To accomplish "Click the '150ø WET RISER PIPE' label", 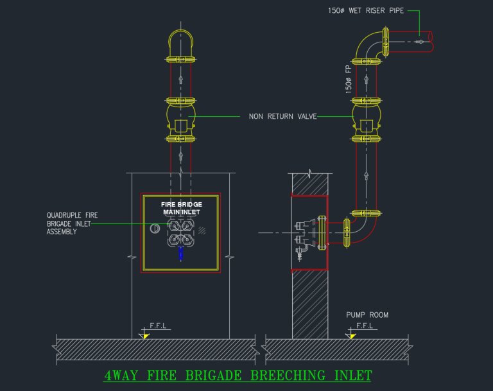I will tap(366, 11).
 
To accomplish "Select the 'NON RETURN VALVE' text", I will tap(282, 117).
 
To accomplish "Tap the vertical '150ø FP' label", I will tap(349, 78).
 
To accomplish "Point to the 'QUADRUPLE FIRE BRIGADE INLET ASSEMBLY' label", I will tap(72, 223).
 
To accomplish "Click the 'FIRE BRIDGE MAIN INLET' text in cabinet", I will tap(181, 208).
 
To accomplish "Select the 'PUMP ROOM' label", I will tap(367, 315).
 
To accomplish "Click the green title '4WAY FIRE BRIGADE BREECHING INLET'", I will tap(238, 375).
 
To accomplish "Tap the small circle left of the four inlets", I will tap(155, 229).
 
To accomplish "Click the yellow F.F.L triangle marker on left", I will tap(146, 335).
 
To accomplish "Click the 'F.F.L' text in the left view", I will tap(158, 326).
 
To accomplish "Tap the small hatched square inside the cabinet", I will tap(203, 230).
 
